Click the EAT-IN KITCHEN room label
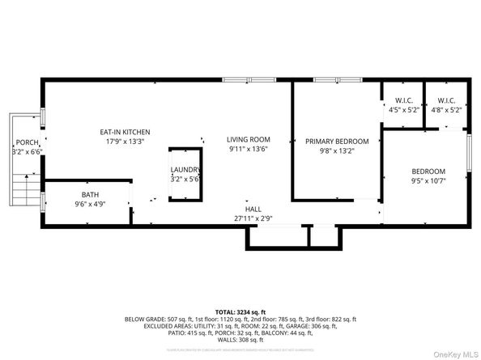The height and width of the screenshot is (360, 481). [124, 132]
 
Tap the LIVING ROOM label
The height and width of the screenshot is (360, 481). [248, 139]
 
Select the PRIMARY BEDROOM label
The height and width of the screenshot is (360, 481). [336, 141]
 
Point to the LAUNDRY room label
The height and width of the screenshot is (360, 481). [186, 169]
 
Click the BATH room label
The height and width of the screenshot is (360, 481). [89, 194]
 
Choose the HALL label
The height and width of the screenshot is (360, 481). [253, 208]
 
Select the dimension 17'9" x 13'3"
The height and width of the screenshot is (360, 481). [124, 142]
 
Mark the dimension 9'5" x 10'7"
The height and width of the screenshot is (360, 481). [428, 181]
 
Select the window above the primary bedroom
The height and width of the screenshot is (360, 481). [337, 79]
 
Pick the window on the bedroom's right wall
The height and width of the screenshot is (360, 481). [469, 153]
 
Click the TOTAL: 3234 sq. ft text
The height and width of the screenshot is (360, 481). [240, 311]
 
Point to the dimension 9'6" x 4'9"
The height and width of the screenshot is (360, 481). [89, 204]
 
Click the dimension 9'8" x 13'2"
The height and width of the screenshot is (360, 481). [336, 150]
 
